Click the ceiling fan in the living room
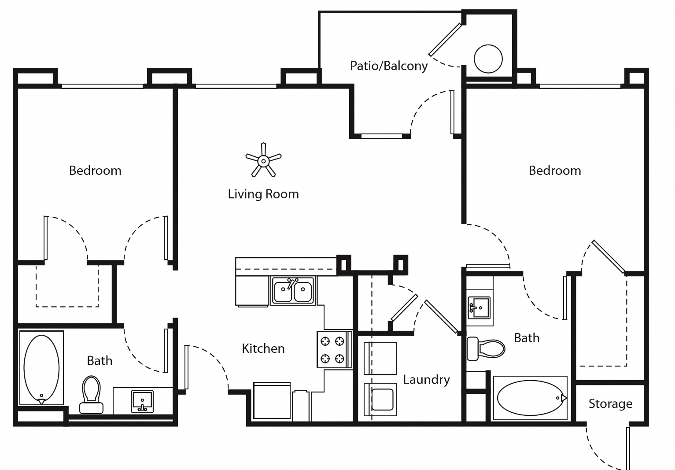[263, 161]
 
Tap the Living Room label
[263, 194]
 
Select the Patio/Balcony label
[389, 66]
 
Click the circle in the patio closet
[488, 59]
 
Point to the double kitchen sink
[293, 291]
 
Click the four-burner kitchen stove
[333, 349]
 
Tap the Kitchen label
[263, 349]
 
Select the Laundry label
[426, 380]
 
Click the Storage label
[610, 404]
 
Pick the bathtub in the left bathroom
[41, 368]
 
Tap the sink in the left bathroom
[142, 401]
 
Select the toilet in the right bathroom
[485, 348]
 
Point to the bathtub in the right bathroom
[530, 398]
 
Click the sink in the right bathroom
[480, 307]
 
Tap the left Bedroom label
[95, 171]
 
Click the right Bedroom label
[555, 171]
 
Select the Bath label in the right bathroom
[527, 338]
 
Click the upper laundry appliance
[380, 358]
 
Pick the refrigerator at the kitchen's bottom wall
[272, 401]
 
